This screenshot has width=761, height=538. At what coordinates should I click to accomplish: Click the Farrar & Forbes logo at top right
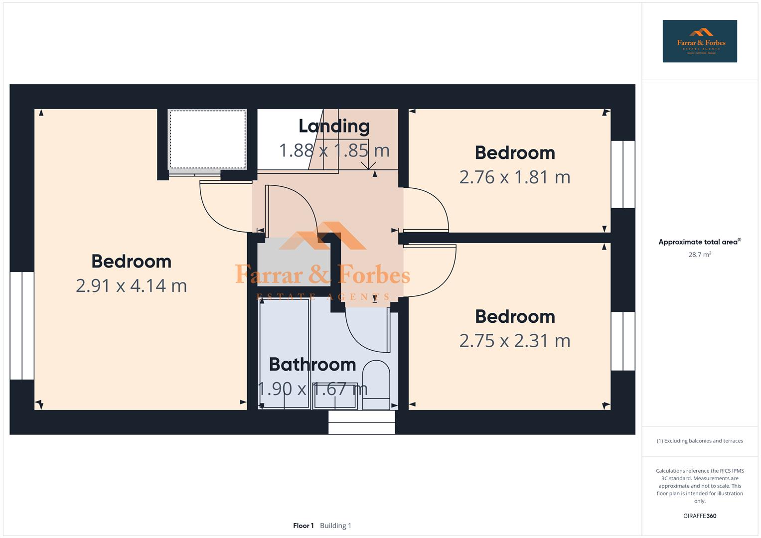(699, 41)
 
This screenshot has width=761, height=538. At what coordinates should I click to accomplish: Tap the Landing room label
(334, 126)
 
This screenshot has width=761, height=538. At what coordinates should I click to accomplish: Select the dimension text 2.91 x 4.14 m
(131, 285)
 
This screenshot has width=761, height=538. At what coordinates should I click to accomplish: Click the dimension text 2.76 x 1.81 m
(514, 177)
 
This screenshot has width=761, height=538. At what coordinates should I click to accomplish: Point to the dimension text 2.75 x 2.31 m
(514, 341)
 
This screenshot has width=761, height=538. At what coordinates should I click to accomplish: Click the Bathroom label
(312, 364)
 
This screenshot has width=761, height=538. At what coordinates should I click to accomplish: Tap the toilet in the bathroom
(376, 384)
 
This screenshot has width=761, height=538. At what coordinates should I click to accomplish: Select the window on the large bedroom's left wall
(22, 325)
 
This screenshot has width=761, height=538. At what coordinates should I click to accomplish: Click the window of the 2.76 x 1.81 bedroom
(622, 174)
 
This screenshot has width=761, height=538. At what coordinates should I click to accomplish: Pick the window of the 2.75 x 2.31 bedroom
(622, 341)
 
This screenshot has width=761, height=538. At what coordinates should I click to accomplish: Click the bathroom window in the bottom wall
(361, 422)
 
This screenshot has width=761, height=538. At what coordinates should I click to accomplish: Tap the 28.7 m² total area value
(699, 255)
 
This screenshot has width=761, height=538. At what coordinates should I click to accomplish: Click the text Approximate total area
(698, 242)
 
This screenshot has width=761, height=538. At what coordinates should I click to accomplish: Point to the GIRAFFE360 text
(699, 516)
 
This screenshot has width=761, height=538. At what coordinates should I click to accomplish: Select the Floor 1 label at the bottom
(303, 526)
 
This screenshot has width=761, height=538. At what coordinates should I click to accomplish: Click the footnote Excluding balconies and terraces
(699, 441)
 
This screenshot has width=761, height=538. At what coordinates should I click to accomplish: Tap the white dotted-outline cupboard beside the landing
(207, 139)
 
